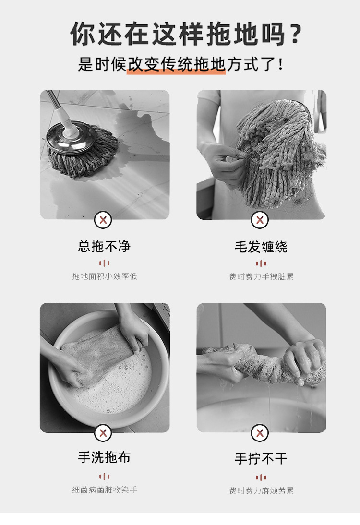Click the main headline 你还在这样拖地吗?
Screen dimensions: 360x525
click(x=186, y=34)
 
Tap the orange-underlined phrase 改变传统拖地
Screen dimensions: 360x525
click(x=176, y=64)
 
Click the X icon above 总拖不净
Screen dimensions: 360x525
click(x=103, y=220)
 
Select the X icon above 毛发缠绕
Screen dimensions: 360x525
click(x=260, y=220)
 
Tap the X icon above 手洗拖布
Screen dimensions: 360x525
click(x=103, y=433)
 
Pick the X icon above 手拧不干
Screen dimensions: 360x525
click(x=260, y=433)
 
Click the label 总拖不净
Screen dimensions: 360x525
click(x=104, y=247)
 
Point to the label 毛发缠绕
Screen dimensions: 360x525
click(x=261, y=247)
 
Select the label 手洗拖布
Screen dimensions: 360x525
click(x=104, y=457)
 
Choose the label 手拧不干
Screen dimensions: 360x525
click(x=261, y=459)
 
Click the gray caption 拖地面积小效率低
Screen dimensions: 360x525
click(x=105, y=276)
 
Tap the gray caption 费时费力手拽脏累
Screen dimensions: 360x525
click(x=261, y=276)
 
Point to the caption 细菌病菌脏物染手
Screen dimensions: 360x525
click(x=105, y=490)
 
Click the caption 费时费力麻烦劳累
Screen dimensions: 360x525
click(x=261, y=490)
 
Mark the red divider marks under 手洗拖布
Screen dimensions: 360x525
click(x=104, y=477)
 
